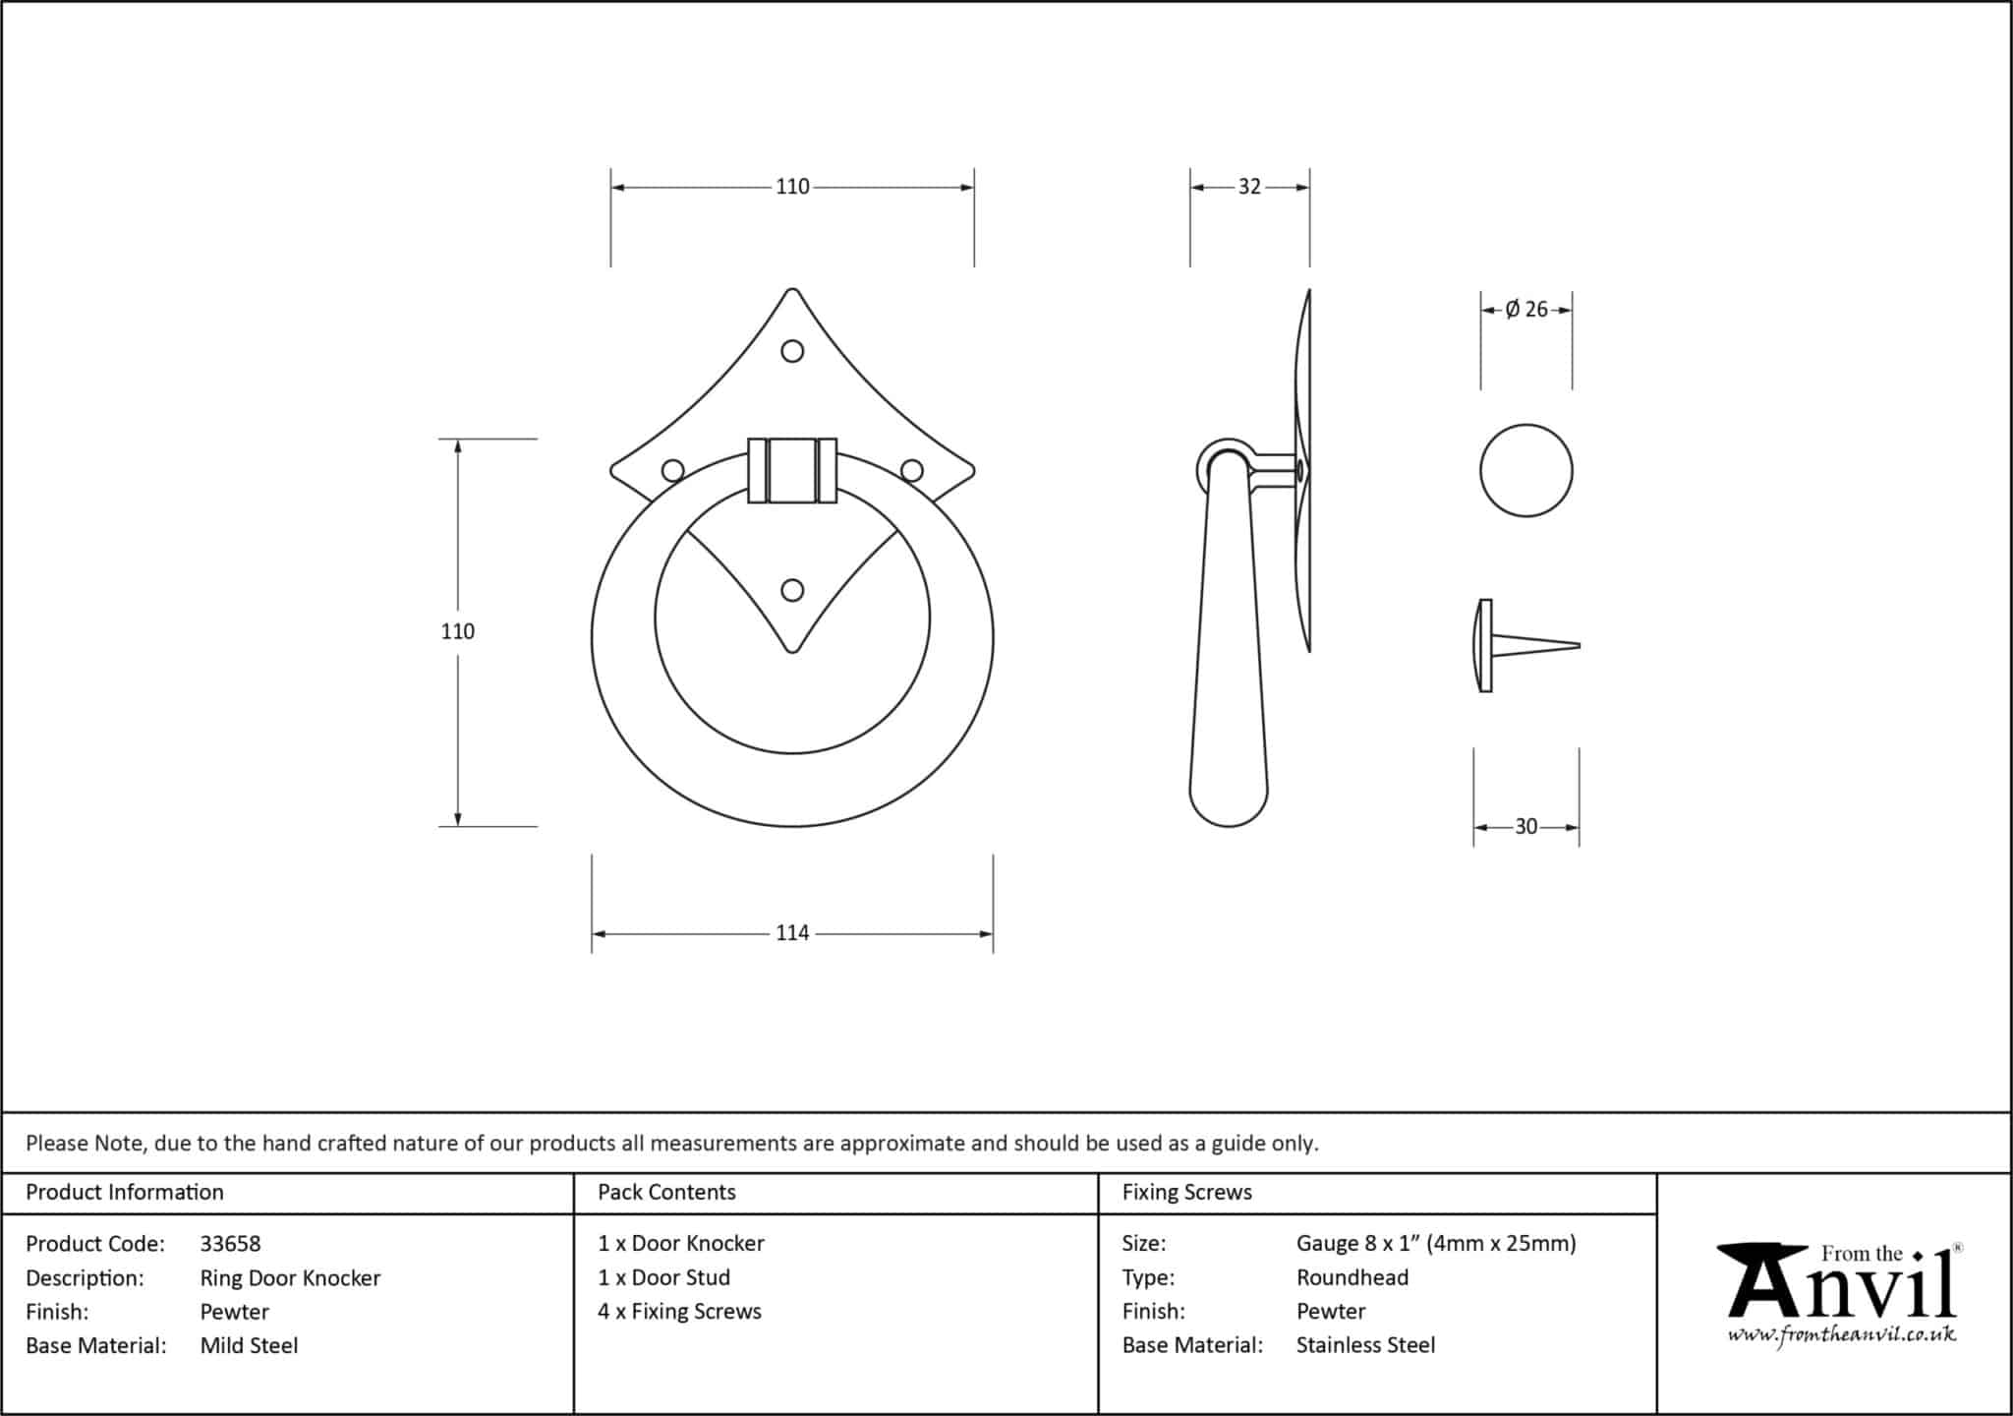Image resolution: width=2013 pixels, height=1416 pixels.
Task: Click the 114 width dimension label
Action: point(792,933)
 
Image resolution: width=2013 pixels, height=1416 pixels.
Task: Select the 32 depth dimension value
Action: point(1249,187)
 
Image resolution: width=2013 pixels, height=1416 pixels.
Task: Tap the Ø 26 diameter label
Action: point(1526,310)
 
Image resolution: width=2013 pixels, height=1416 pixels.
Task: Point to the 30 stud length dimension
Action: point(1525,827)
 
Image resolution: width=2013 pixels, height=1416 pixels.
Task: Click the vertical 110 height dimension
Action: point(458,631)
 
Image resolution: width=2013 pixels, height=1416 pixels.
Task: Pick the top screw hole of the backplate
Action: point(792,351)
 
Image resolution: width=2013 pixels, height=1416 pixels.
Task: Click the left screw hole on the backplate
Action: point(673,471)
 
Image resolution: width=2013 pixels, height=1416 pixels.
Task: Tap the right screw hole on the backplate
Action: point(912,471)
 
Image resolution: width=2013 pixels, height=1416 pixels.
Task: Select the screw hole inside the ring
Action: point(792,590)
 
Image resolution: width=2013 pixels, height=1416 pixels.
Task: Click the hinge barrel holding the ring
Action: point(792,471)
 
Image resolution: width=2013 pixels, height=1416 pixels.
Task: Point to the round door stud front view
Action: point(1526,470)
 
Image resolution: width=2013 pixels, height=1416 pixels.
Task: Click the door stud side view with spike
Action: point(1526,646)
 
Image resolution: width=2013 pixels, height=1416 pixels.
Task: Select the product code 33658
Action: point(231,1244)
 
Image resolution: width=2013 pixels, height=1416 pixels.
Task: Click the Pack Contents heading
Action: point(666,1192)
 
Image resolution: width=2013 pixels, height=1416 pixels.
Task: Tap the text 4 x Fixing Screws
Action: point(679,1312)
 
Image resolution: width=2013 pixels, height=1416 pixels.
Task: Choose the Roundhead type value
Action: point(1352,1277)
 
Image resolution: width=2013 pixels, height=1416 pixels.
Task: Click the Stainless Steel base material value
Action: point(1365,1345)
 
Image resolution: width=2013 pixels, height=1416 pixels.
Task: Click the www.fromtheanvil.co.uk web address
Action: point(1842,1334)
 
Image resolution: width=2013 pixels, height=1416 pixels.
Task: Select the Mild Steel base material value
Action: point(249,1345)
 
